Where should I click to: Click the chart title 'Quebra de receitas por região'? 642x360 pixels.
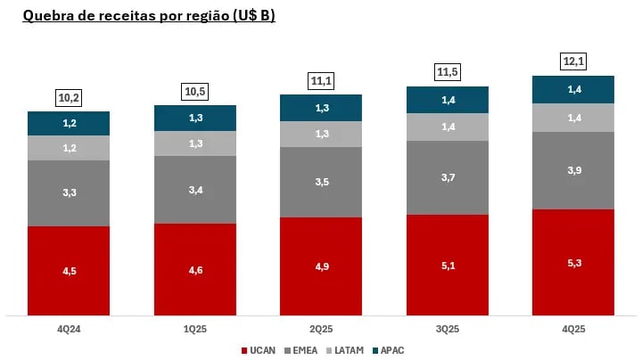148,16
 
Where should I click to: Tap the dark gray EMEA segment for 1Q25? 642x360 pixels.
194,190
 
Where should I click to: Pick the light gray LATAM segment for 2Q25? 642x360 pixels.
321,134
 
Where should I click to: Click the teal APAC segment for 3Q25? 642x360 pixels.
448,100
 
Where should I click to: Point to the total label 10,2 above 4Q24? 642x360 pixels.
69,97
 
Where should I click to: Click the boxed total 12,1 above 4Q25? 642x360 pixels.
573,61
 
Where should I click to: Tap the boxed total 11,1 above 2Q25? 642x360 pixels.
321,80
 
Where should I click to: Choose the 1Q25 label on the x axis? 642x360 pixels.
194,329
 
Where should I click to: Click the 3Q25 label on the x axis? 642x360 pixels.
448,329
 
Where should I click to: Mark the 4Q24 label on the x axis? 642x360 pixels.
69,329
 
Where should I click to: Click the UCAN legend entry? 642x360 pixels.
261,351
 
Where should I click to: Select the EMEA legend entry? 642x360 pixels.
300,351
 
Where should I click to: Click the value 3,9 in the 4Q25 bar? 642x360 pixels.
573,170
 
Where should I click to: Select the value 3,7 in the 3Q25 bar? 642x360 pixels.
448,178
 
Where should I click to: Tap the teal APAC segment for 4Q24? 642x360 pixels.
69,123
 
